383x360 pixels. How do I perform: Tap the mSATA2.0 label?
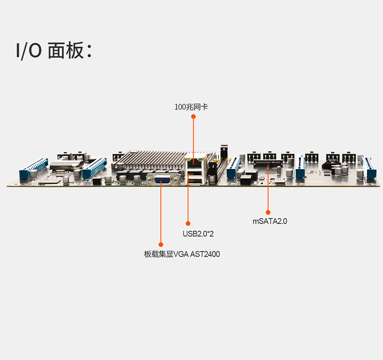point(270,222)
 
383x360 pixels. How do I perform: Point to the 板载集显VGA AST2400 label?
point(182,254)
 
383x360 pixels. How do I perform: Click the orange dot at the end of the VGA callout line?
point(161,244)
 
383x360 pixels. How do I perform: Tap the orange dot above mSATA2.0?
point(268,212)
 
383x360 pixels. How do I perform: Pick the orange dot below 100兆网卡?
point(193,116)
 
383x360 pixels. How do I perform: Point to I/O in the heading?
point(28,51)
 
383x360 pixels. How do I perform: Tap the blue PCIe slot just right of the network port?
point(235,167)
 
